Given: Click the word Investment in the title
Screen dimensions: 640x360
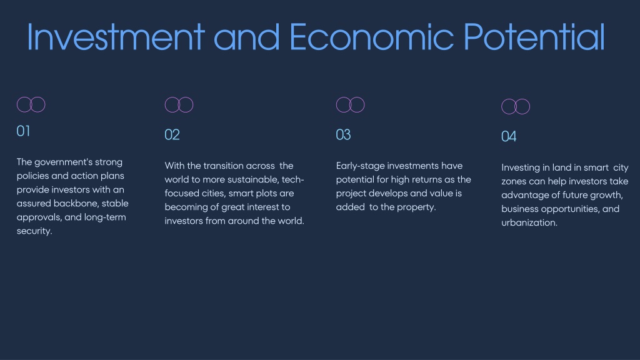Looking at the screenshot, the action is [116, 37].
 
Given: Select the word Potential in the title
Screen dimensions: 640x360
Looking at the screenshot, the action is [534, 37].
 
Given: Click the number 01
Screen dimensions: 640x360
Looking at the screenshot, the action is [23, 131].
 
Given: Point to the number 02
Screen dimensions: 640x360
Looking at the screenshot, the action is [172, 135].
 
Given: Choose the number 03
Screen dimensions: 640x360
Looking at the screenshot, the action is [343, 135].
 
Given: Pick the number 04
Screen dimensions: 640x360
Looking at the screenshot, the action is [509, 136].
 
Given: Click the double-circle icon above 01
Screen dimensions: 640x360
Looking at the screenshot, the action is [17, 104].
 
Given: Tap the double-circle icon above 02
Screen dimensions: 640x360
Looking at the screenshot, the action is [165, 104].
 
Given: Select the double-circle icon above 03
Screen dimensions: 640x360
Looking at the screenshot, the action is [337, 104].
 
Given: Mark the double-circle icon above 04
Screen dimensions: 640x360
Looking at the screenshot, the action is [502, 106].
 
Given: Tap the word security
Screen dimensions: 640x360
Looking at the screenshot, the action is [34, 231].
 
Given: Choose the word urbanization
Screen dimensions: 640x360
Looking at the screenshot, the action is [529, 223].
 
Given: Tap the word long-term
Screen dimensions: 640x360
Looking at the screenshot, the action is [105, 217].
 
